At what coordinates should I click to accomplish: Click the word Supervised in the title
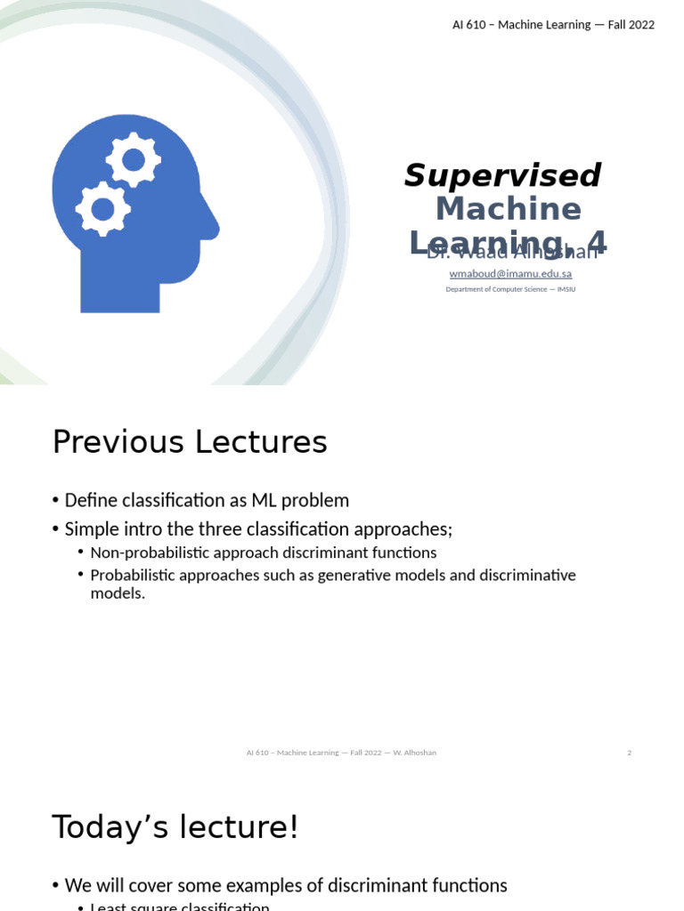(502, 176)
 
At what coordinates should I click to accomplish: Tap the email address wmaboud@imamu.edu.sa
(510, 274)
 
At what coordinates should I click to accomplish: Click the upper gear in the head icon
(134, 160)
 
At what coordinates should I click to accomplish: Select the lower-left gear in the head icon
(103, 209)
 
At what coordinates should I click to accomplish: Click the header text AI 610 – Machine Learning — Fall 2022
(553, 25)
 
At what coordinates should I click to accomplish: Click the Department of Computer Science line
(510, 289)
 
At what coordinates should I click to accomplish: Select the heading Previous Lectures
(190, 442)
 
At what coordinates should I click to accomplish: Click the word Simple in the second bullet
(90, 529)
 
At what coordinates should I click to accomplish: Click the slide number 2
(629, 753)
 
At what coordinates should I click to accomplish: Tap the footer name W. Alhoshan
(413, 753)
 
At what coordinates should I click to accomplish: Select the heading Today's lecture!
(175, 827)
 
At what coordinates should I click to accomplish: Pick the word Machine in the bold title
(509, 209)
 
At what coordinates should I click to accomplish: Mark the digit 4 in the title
(597, 242)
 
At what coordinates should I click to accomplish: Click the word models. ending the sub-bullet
(118, 593)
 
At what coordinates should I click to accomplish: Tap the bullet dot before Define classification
(56, 501)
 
